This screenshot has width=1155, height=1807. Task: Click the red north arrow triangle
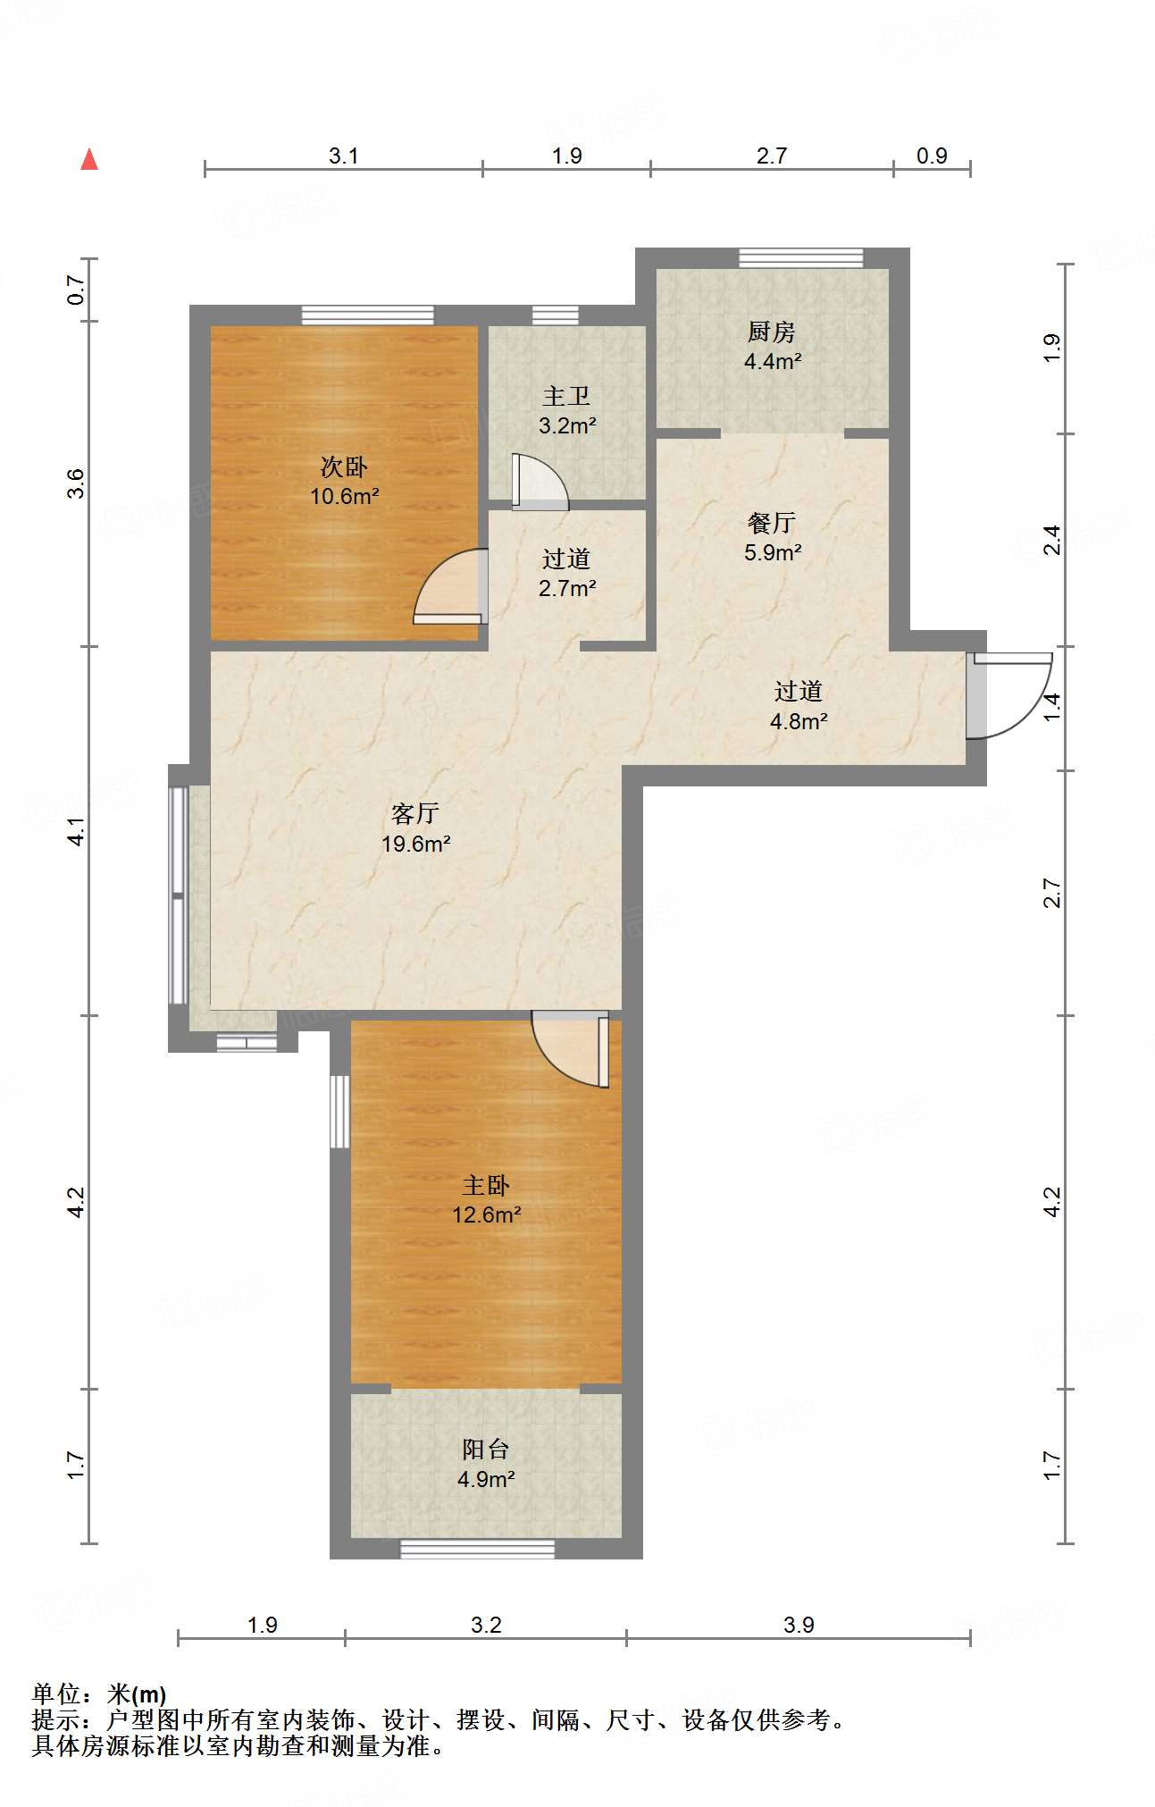89,159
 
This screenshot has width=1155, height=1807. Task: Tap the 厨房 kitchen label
772,332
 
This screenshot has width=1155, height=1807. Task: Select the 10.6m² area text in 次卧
345,496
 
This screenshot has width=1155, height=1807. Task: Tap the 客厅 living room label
415,813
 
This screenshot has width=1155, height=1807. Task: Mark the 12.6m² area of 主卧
487,1214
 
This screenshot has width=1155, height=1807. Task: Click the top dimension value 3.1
343,155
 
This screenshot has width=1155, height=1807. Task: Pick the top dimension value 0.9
932,155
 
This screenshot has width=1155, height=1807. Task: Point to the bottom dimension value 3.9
799,1625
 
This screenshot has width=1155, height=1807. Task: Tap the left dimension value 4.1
77,831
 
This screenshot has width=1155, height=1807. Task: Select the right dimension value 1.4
1052,708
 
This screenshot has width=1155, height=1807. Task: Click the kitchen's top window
801,258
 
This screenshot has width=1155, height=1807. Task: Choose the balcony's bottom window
477,1549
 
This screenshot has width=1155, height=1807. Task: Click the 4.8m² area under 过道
799,721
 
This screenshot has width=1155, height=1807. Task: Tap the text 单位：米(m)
99,1694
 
